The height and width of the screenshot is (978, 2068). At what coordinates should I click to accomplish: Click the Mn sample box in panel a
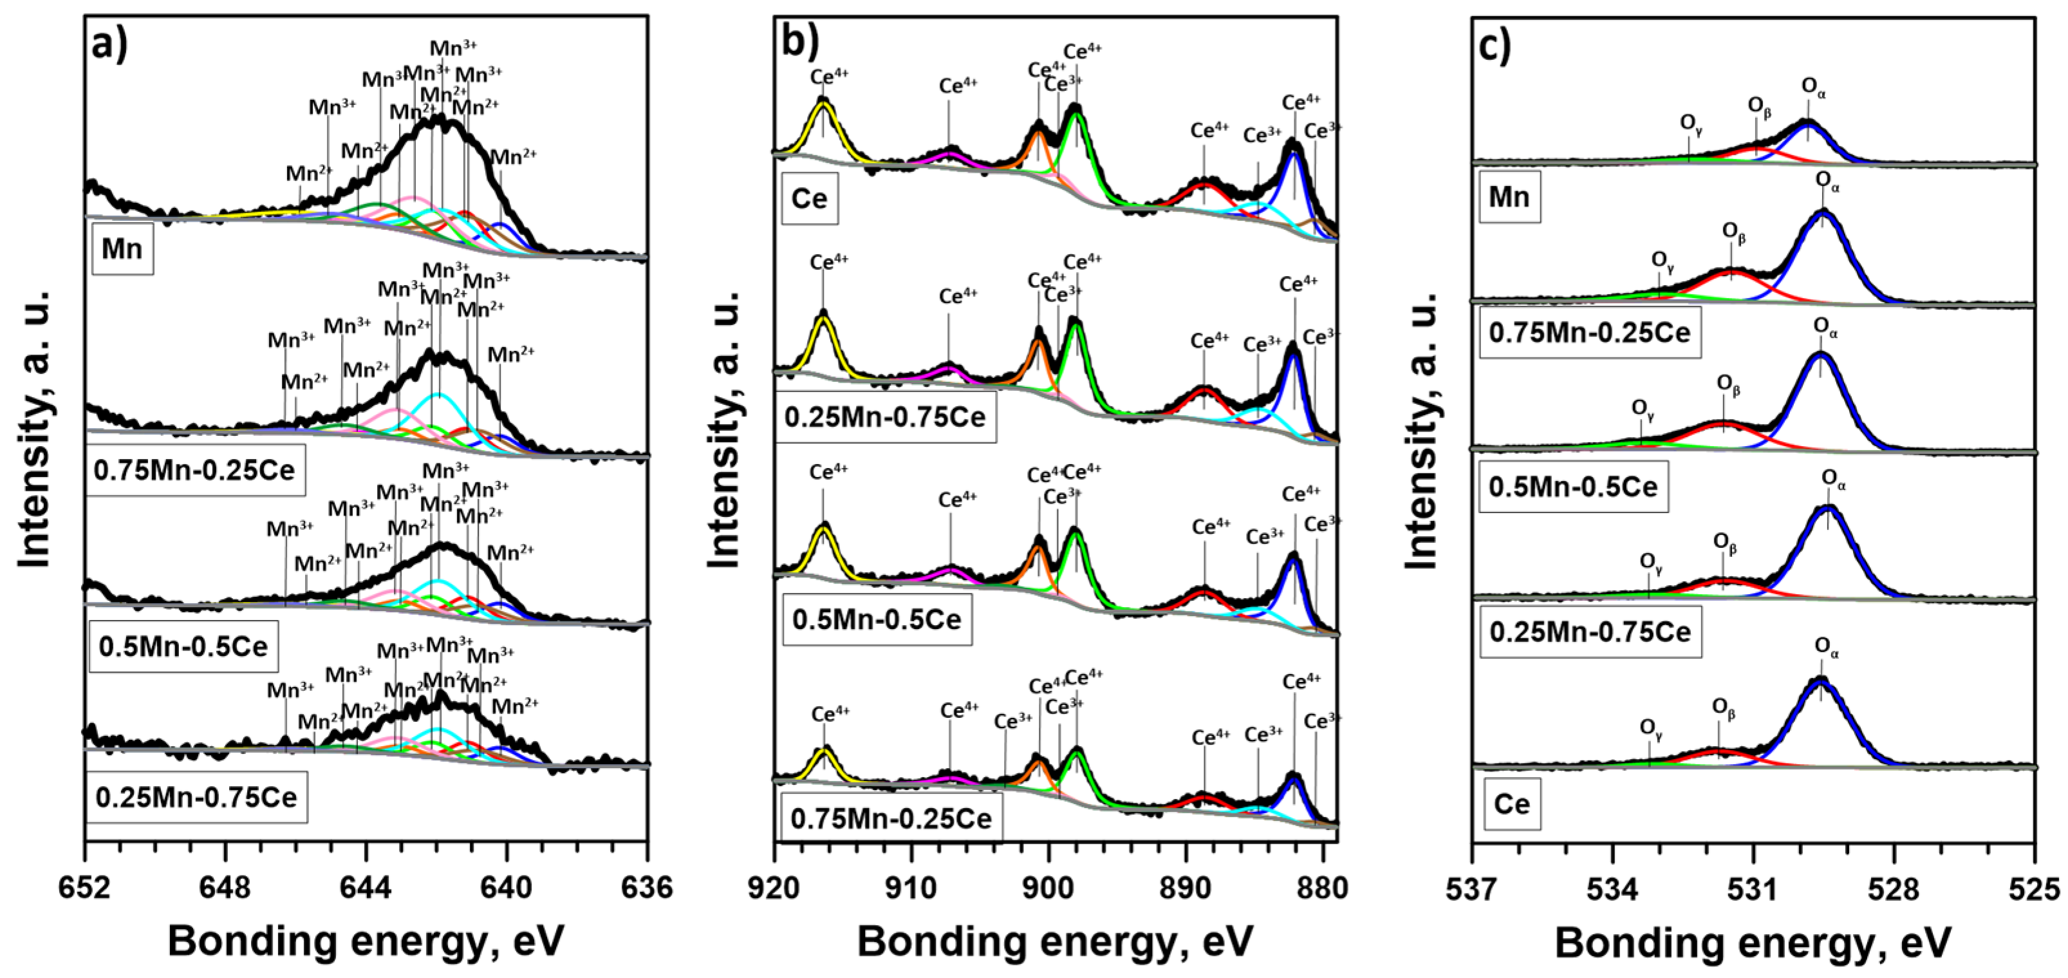[x=122, y=250]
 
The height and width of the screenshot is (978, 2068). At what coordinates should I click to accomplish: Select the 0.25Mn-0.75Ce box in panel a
[x=197, y=797]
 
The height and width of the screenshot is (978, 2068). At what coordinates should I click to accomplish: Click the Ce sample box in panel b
[x=809, y=198]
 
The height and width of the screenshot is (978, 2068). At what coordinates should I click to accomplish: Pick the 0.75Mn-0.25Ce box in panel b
[x=891, y=818]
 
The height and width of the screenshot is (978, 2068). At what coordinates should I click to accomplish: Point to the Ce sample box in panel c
[x=1513, y=804]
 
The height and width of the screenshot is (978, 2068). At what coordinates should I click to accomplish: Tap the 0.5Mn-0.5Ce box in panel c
[x=1574, y=486]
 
